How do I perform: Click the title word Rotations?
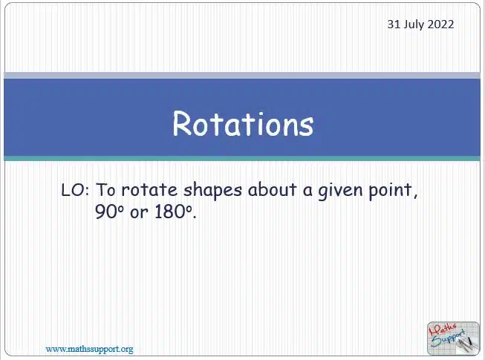(243, 124)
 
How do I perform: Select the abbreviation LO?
(75, 190)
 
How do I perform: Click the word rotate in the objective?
(149, 190)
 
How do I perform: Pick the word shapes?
(212, 191)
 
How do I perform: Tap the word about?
(272, 189)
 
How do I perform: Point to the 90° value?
(109, 212)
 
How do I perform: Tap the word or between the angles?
(139, 213)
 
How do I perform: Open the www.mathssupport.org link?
(89, 349)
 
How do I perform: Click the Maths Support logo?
(453, 338)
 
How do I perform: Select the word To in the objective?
(106, 190)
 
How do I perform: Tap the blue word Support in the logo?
(448, 338)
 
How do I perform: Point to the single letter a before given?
(307, 191)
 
